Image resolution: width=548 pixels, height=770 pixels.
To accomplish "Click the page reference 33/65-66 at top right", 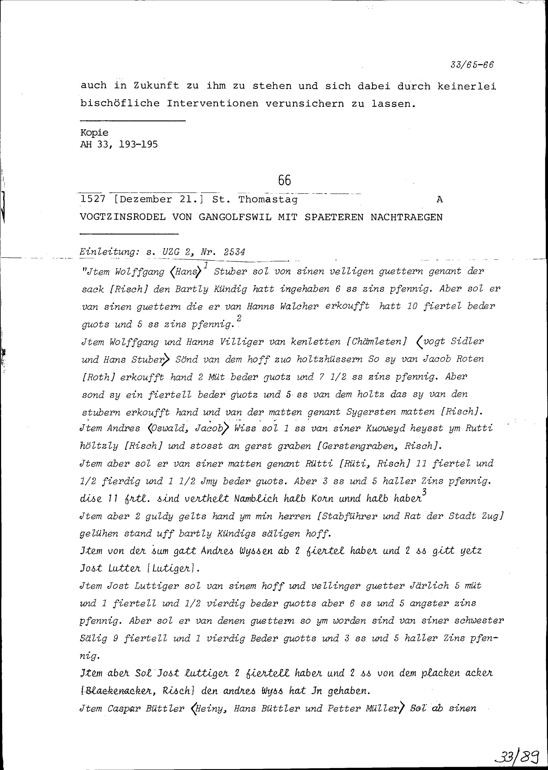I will pyautogui.click(x=472, y=65).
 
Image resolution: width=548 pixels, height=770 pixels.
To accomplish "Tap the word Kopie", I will pyautogui.click(x=94, y=133).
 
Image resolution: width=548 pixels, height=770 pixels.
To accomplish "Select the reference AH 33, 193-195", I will pyautogui.click(x=119, y=145).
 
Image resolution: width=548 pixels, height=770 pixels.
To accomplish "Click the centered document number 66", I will pyautogui.click(x=284, y=180).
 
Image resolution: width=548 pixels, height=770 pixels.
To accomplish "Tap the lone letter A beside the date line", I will pyautogui.click(x=439, y=200).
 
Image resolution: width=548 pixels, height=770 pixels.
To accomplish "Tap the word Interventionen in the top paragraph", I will pyautogui.click(x=212, y=103).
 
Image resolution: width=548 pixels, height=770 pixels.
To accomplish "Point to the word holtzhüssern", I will pyautogui.click(x=329, y=359).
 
